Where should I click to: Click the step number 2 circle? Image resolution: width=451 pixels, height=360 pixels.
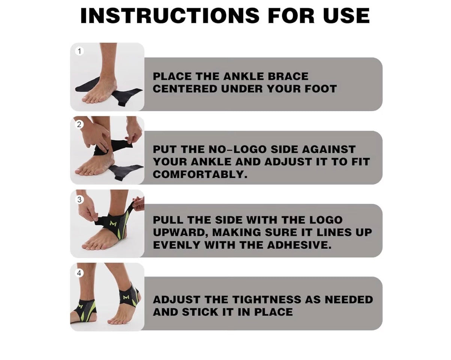click(x=79, y=125)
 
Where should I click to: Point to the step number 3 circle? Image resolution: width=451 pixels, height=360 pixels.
click(x=79, y=199)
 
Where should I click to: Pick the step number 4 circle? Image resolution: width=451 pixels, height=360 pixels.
click(x=79, y=273)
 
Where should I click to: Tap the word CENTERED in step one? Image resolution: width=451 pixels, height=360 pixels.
click(x=185, y=89)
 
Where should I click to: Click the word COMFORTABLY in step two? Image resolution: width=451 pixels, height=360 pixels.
click(x=200, y=174)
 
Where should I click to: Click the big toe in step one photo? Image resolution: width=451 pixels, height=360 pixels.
click(x=87, y=99)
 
